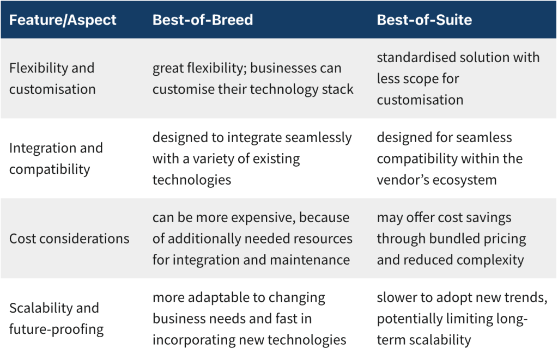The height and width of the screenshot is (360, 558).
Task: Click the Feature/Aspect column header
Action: point(63,20)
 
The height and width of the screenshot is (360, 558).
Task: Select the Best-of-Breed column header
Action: point(203,20)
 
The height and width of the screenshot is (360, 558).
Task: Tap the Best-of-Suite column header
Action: point(424,20)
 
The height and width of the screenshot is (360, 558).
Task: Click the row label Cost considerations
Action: point(69,239)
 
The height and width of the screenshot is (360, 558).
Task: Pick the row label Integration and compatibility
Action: point(56,158)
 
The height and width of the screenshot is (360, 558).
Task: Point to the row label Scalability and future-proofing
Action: point(56,319)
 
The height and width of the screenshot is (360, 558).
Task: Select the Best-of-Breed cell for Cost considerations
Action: point(252,239)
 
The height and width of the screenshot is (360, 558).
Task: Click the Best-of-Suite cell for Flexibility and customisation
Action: point(458,78)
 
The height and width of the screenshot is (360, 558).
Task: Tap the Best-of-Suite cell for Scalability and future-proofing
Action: point(462,319)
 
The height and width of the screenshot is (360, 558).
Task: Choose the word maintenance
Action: point(310,260)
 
